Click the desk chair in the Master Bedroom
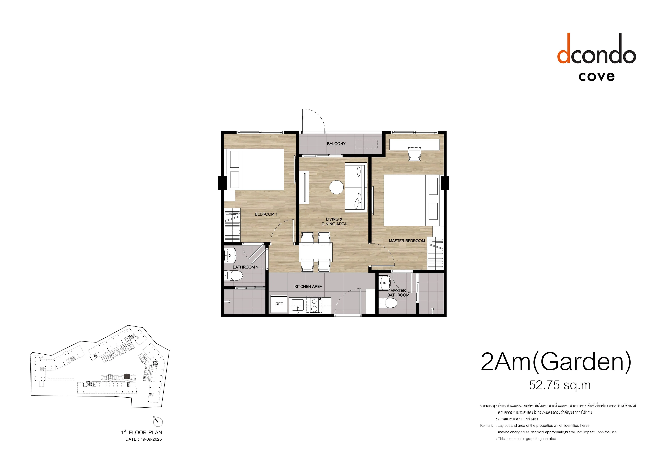[x=414, y=154]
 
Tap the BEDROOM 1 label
[x=266, y=214]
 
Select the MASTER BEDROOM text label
[x=407, y=241]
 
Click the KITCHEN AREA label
[x=308, y=287]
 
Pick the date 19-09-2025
[x=151, y=439]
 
